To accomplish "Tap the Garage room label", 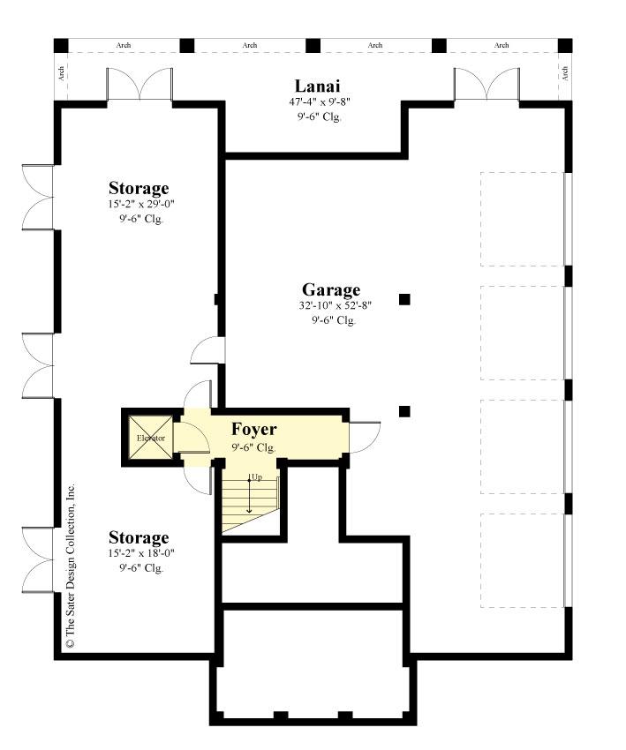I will pos(331,289).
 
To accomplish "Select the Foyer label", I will pos(254,430).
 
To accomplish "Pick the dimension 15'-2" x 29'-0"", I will pos(139,204).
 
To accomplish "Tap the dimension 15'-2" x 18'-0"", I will pos(139,553).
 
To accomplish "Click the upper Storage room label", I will pos(139,188).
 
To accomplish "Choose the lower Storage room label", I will pos(139,537).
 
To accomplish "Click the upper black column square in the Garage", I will pos(404,299).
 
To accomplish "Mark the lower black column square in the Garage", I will pos(404,411).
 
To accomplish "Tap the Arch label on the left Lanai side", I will pos(62,73).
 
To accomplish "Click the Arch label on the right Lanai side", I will pos(563,73).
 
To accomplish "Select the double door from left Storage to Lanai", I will pos(139,85).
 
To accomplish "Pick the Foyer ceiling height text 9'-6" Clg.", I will pos(254,447).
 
